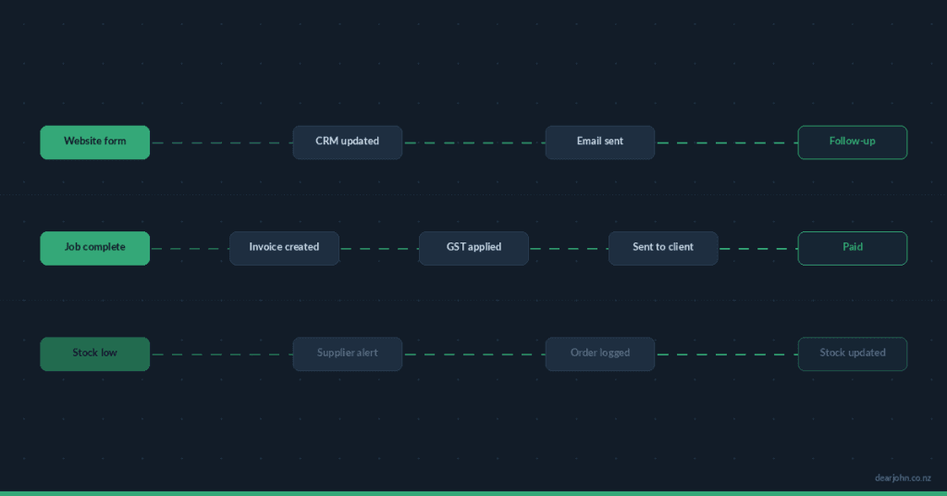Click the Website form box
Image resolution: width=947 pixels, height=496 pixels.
coord(94,142)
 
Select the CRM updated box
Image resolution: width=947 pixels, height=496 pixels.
coord(347,142)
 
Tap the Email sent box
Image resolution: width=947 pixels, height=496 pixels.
coord(599,142)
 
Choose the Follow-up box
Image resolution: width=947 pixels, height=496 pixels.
coord(852,142)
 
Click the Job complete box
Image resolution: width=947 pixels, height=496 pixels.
coord(94,248)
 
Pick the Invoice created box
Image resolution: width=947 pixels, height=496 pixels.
coord(284,248)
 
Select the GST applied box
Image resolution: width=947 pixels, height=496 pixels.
coord(473,248)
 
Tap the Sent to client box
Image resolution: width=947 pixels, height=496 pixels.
coord(662,248)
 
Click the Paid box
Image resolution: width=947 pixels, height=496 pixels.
coord(852,248)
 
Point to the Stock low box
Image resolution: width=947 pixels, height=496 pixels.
coord(94,353)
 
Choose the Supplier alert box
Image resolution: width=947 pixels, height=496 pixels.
coord(347,353)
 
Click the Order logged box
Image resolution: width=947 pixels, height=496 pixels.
coord(599,353)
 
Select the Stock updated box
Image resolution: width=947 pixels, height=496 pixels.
coord(852,353)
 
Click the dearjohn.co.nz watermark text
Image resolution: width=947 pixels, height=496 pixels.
coord(903,477)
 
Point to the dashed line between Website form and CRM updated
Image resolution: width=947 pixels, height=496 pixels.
coord(221,143)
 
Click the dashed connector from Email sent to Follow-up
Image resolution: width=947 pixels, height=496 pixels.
coord(726,143)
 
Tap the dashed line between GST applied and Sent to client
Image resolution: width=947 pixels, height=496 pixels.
coord(568,249)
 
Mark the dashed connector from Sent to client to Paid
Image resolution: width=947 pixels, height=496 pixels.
coord(757,249)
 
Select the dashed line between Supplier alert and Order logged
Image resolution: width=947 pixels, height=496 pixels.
coord(473,354)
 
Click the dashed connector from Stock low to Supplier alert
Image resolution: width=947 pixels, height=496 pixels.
coord(221,354)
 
